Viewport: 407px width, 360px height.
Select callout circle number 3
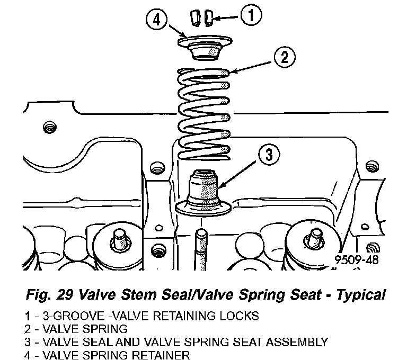[x=269, y=155]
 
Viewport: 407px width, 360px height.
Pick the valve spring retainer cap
[x=206, y=46]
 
